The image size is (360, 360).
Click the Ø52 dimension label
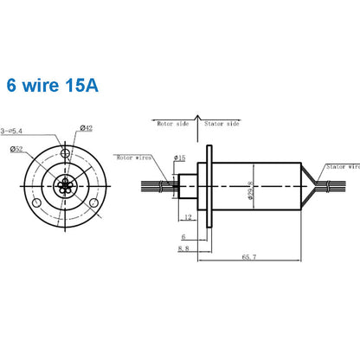(x=18, y=148)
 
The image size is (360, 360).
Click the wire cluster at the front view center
(x=66, y=185)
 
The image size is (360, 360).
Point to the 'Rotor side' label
(x=171, y=125)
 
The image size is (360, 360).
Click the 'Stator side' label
(x=221, y=125)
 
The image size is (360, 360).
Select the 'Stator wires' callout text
(x=341, y=165)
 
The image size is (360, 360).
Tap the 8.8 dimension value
(x=183, y=248)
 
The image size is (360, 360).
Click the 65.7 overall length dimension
(x=247, y=256)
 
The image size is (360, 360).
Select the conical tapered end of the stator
(x=309, y=185)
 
